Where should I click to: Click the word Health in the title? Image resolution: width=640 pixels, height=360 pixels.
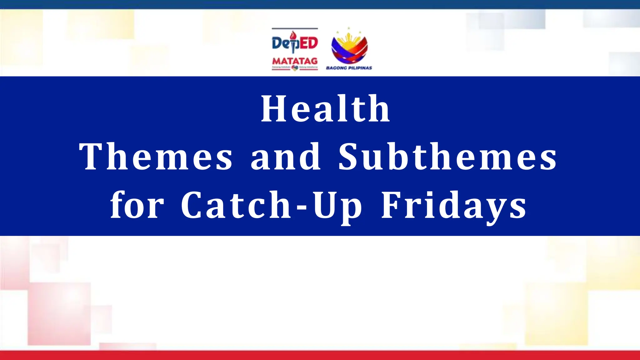click(x=325, y=109)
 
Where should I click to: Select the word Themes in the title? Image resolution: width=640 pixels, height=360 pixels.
click(x=156, y=157)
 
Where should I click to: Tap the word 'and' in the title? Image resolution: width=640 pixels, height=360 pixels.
click(x=286, y=157)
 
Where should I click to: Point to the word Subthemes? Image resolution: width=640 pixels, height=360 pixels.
click(x=447, y=157)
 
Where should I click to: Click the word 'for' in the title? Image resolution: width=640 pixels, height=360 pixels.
click(x=137, y=205)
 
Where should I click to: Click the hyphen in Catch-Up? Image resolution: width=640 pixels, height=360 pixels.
click(x=302, y=207)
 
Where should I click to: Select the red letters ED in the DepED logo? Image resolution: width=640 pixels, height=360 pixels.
click(x=307, y=43)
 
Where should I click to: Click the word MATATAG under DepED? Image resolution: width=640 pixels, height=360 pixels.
click(x=295, y=61)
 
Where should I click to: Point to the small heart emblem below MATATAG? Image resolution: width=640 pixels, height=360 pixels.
click(x=295, y=67)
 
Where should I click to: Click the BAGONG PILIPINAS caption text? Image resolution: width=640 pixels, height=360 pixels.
click(x=349, y=68)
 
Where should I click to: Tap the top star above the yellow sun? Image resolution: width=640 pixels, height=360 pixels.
click(x=348, y=28)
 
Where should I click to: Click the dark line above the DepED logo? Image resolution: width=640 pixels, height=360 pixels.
click(x=295, y=28)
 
